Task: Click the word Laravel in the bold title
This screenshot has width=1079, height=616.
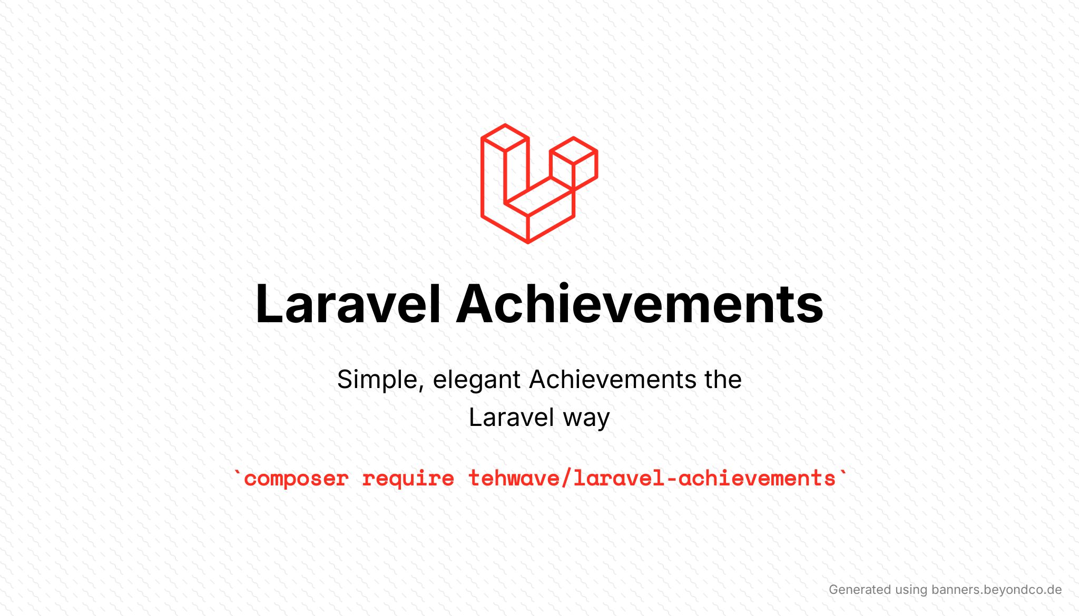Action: [x=348, y=304]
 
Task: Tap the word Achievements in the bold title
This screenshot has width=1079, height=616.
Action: [x=639, y=304]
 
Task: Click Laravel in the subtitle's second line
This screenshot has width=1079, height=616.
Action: [x=512, y=418]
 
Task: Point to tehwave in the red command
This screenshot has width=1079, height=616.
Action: [x=514, y=478]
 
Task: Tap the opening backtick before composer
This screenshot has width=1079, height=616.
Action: [x=238, y=472]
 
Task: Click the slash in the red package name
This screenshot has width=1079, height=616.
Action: [x=566, y=478]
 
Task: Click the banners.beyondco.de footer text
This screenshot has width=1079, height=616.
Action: [x=996, y=590]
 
